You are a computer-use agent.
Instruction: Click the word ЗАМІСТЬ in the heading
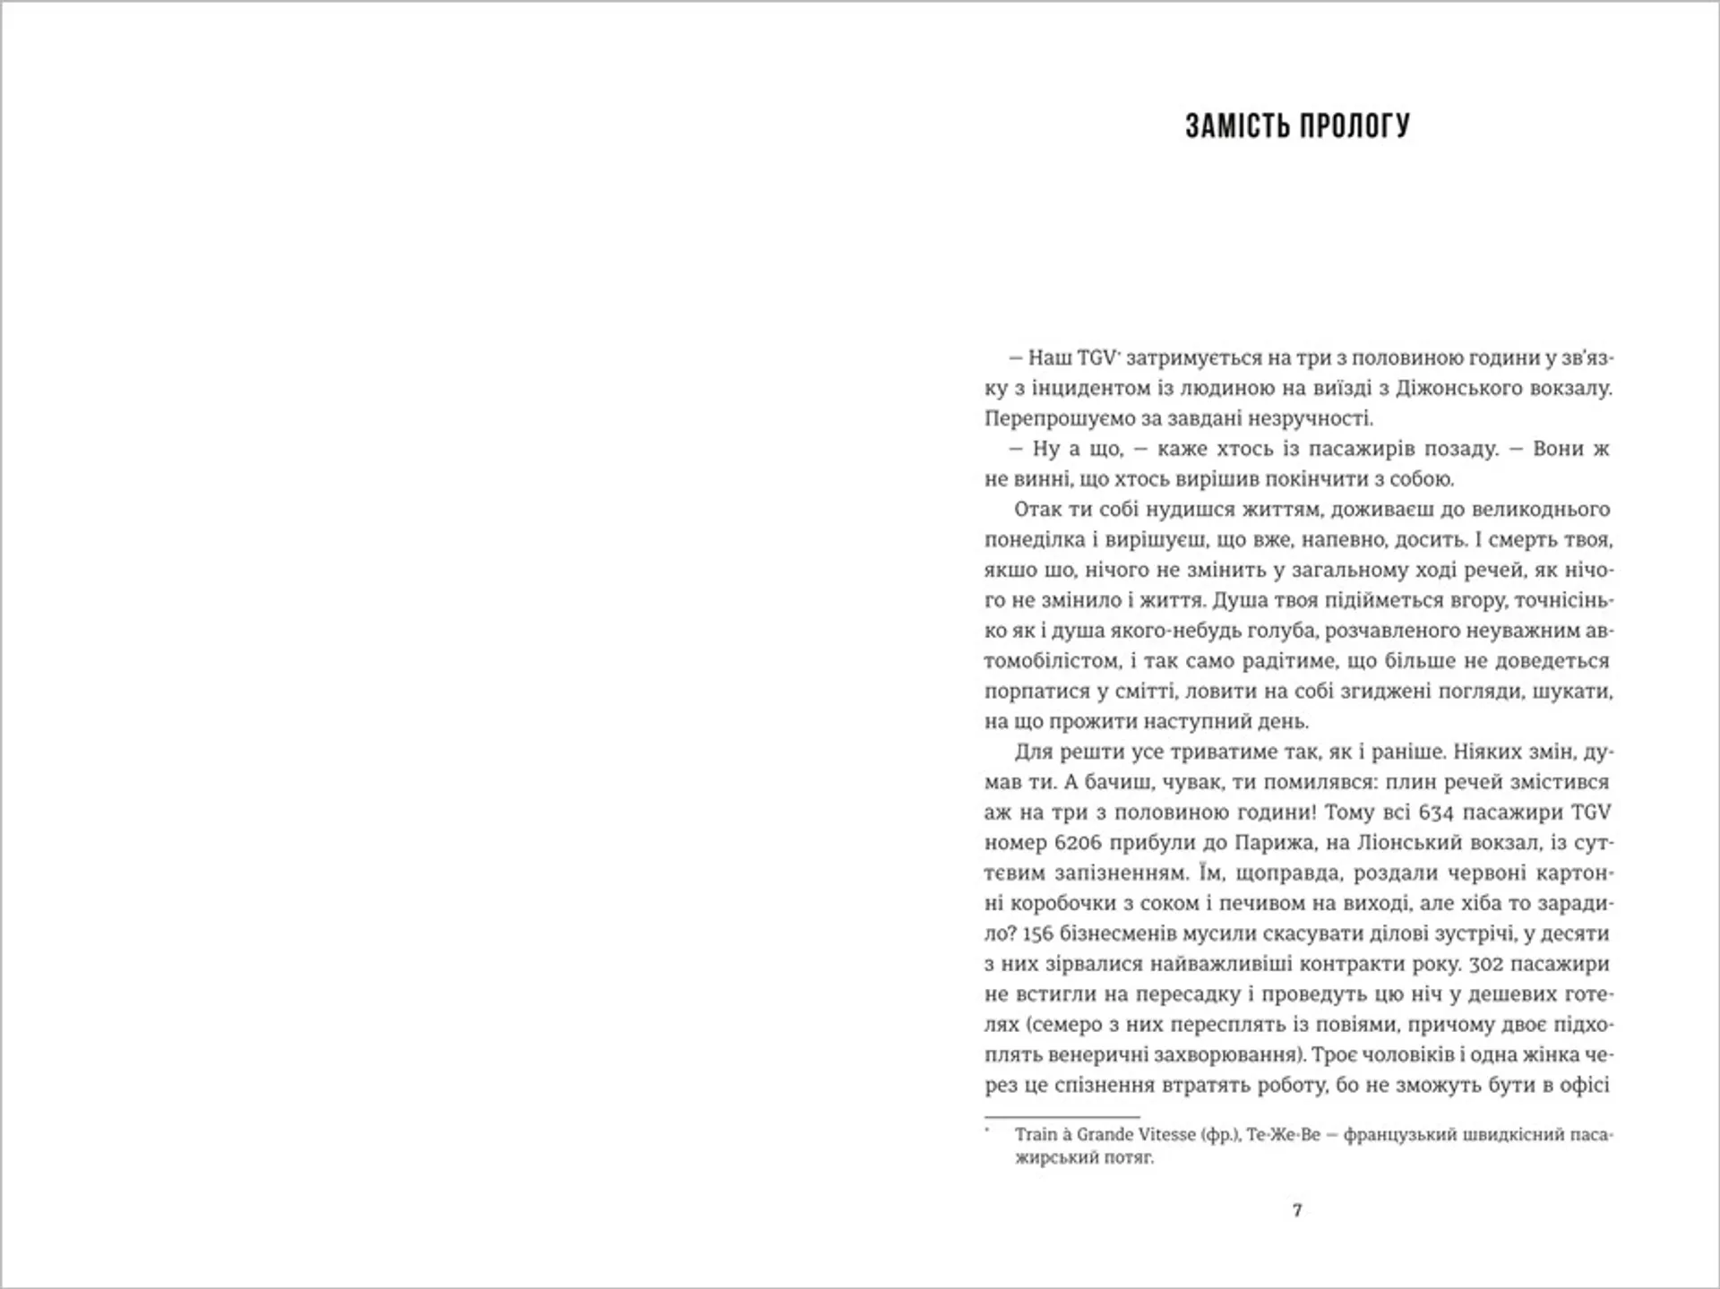click(x=1236, y=126)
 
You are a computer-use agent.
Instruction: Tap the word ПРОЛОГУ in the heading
click(x=1354, y=126)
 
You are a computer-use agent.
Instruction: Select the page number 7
click(x=1297, y=1210)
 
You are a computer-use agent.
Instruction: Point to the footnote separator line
click(x=1062, y=1117)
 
